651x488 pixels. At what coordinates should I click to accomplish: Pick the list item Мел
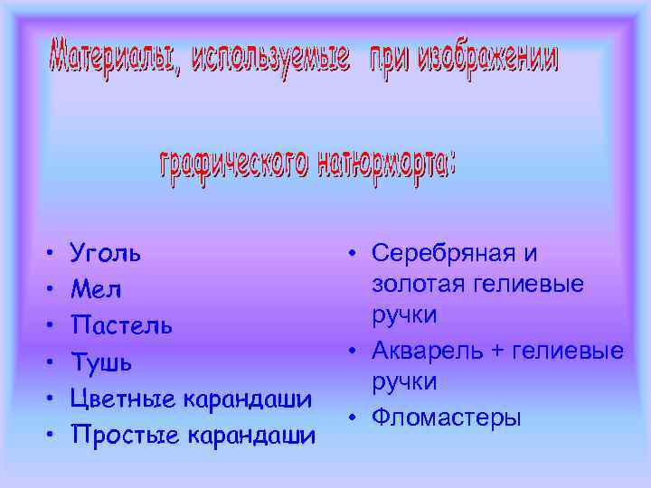point(95,290)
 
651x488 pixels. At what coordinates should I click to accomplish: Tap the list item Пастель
point(121,325)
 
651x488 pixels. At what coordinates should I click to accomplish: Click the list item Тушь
point(101,362)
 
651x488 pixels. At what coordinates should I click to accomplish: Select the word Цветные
point(119,399)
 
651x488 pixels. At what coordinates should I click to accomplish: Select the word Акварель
point(425,351)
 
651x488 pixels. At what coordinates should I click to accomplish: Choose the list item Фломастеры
point(447,418)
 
